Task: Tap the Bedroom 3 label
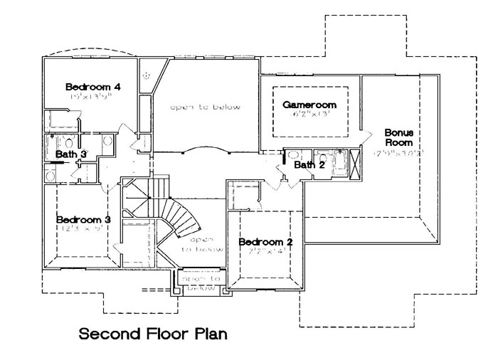pyautogui.click(x=83, y=219)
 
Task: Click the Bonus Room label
pyautogui.click(x=399, y=137)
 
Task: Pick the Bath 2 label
pyautogui.click(x=309, y=165)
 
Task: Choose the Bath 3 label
pyautogui.click(x=72, y=154)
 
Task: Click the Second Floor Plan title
pyautogui.click(x=154, y=333)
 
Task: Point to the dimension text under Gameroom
pyautogui.click(x=309, y=116)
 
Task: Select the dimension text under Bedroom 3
pyautogui.click(x=83, y=231)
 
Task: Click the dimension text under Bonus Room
pyautogui.click(x=400, y=152)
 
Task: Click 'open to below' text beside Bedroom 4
pyautogui.click(x=204, y=107)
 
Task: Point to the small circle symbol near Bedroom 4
pyautogui.click(x=147, y=75)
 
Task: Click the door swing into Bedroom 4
pyautogui.click(x=125, y=132)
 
